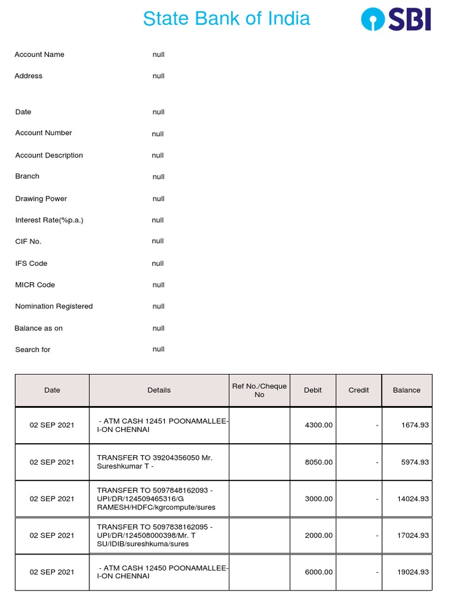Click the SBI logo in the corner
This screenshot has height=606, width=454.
point(395,19)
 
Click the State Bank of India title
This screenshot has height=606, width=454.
point(226,18)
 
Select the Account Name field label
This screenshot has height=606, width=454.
point(40,54)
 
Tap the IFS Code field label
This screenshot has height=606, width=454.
point(31,263)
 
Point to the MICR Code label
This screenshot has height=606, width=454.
point(35,285)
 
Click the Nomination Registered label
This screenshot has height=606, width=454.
point(54,306)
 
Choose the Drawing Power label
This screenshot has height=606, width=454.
point(41,199)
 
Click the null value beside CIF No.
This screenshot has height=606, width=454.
point(158,241)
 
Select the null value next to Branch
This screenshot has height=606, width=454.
point(158,177)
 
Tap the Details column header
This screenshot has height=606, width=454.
point(159,390)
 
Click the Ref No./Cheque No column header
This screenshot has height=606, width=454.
point(260,390)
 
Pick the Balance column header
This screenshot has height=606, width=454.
point(407,390)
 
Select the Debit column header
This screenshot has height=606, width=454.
point(313,390)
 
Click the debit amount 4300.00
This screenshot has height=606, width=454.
point(319,425)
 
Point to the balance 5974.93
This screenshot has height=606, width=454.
point(415,462)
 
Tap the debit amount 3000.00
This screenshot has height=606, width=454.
point(319,499)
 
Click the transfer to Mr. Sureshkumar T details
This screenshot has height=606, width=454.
point(155,462)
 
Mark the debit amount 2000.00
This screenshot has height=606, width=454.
point(319,536)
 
